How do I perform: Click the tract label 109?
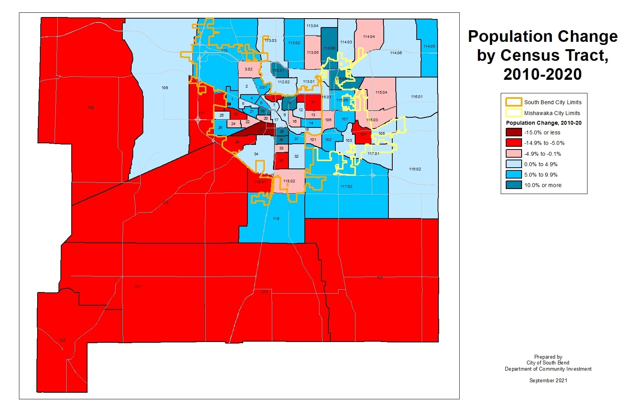165,88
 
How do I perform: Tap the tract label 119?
276,219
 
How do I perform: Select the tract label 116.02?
415,169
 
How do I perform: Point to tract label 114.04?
369,37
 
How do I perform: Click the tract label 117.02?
346,187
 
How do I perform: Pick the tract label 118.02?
289,181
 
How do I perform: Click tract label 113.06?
329,48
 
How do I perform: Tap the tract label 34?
256,154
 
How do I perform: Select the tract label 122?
62,340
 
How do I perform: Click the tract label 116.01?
417,97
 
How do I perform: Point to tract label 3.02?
248,69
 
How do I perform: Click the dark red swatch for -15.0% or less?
513,132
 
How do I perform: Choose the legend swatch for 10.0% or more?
513,185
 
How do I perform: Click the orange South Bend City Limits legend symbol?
513,102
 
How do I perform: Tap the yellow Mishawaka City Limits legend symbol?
513,113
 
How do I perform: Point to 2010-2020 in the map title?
542,74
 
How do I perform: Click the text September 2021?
548,381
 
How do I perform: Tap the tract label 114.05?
429,46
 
